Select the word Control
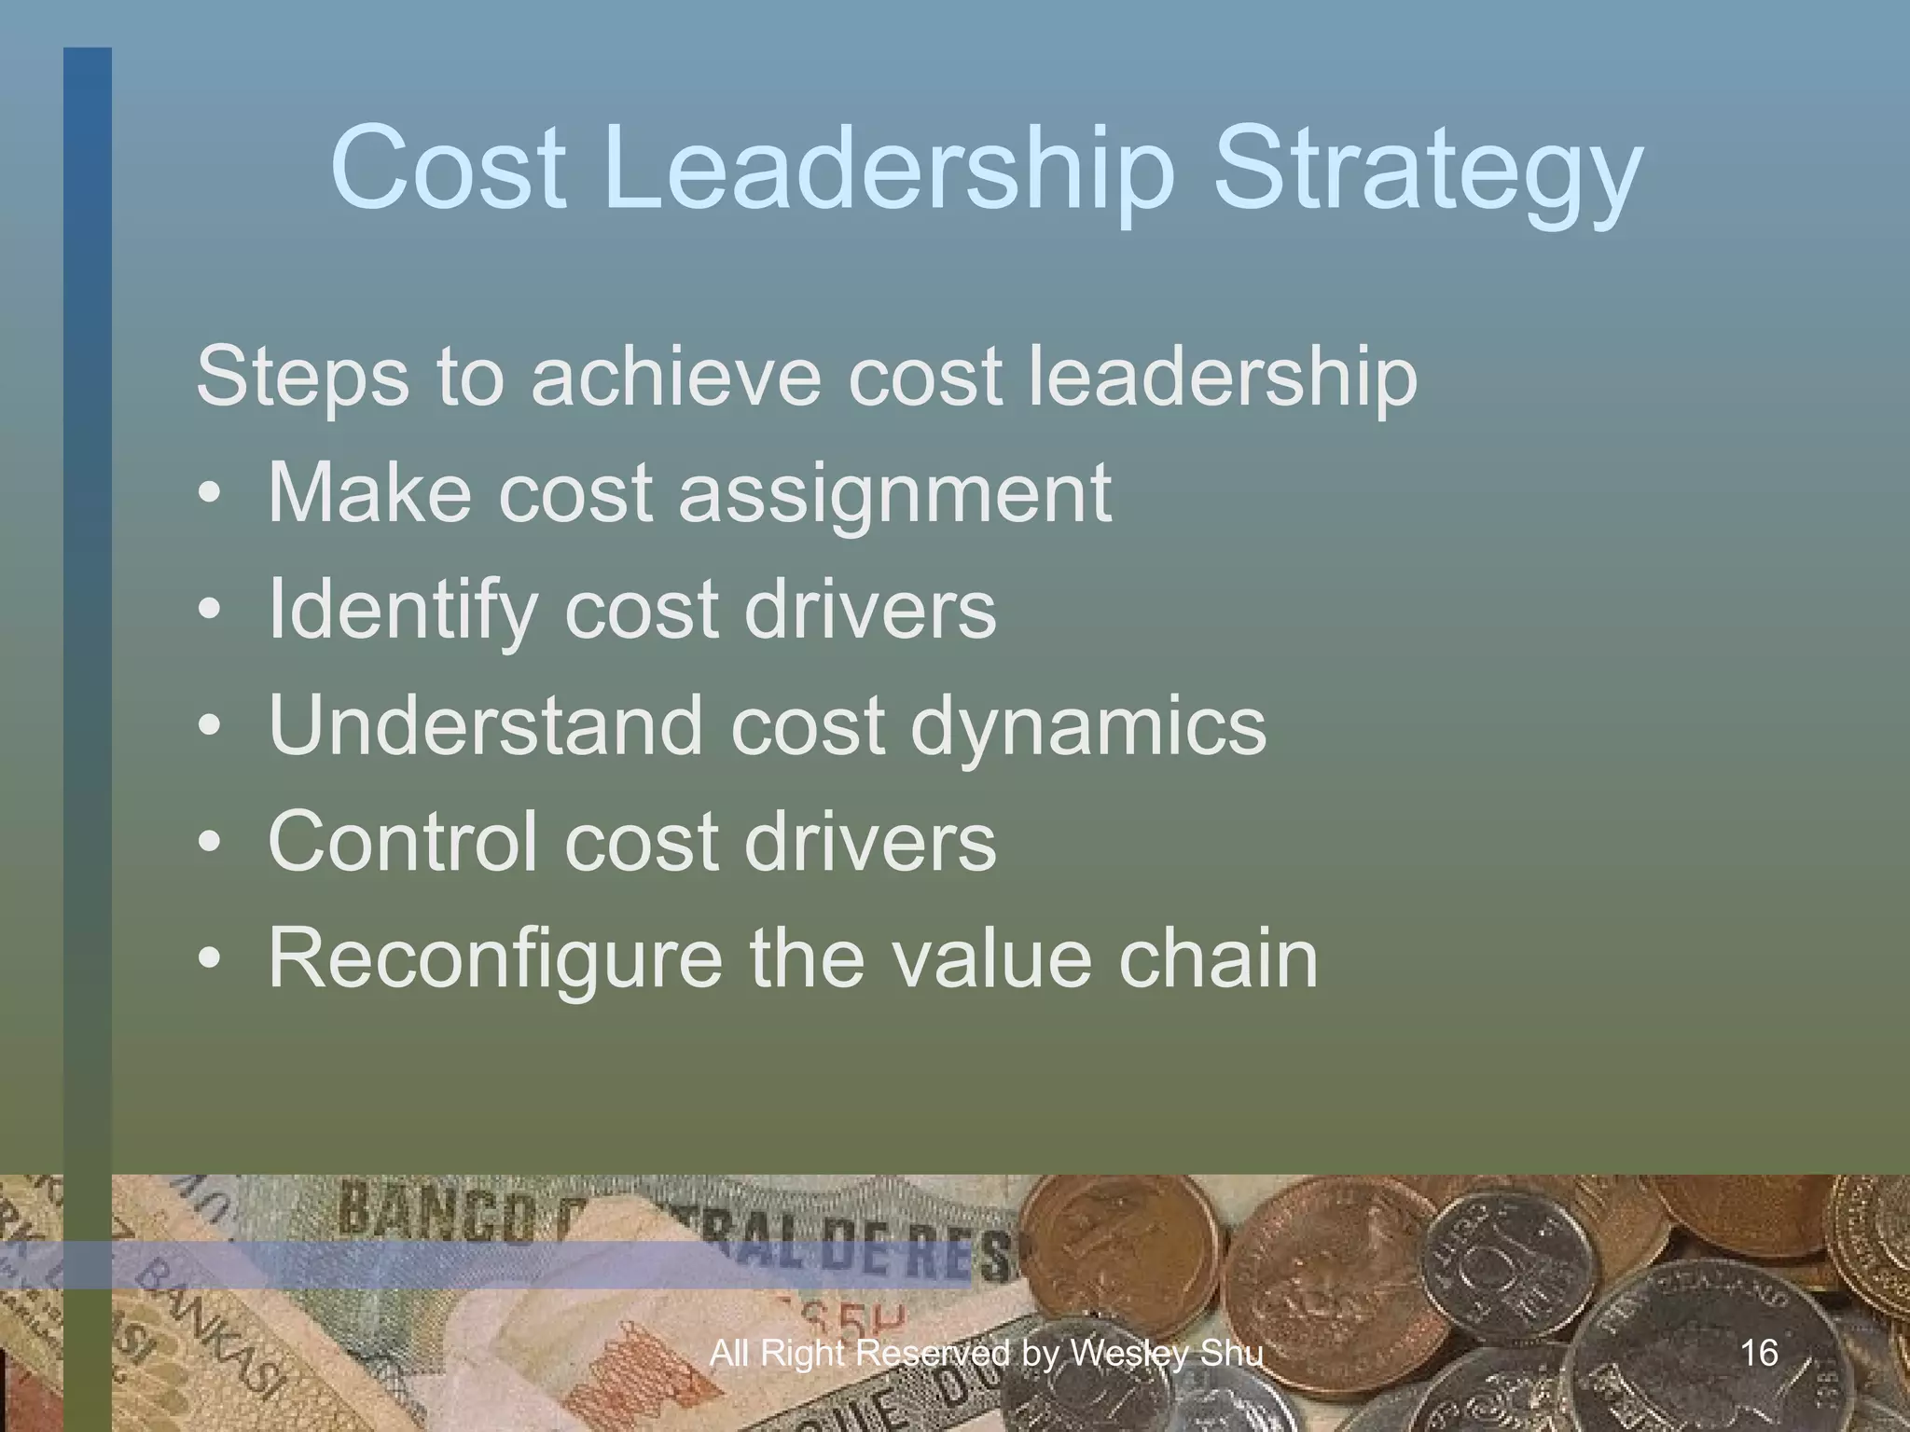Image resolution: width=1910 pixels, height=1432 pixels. [x=402, y=841]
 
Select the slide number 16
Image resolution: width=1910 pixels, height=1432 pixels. [x=1759, y=1353]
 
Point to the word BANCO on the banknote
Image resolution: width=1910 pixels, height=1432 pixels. [x=434, y=1213]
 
